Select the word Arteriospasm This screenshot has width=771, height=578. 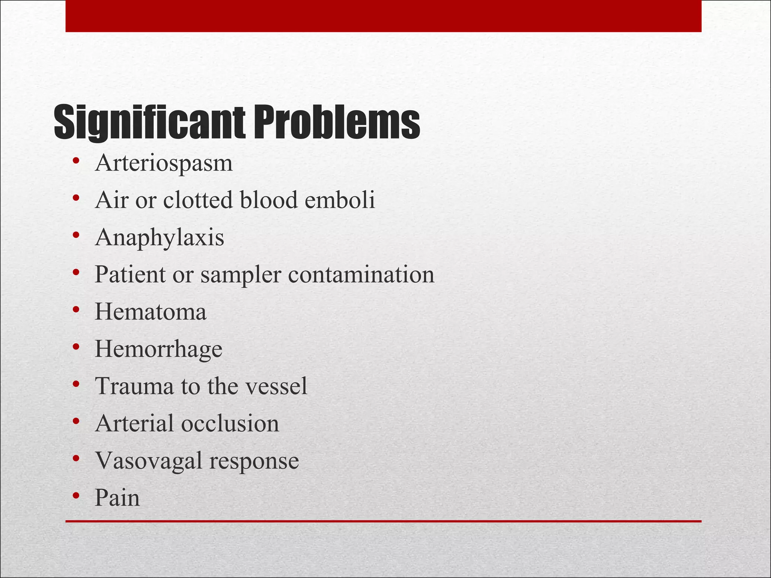[x=164, y=163]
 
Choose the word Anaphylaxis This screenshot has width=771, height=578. [x=160, y=238]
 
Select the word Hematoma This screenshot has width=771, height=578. [x=151, y=312]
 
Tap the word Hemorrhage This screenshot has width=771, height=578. [x=158, y=350]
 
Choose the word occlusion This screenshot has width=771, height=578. [x=230, y=423]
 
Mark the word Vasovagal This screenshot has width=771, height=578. [x=149, y=461]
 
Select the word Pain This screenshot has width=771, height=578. [x=117, y=497]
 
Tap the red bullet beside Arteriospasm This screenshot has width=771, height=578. [x=76, y=161]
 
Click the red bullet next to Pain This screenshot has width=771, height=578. [x=76, y=496]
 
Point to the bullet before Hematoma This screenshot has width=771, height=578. [x=76, y=310]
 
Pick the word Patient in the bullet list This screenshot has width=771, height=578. [x=130, y=274]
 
